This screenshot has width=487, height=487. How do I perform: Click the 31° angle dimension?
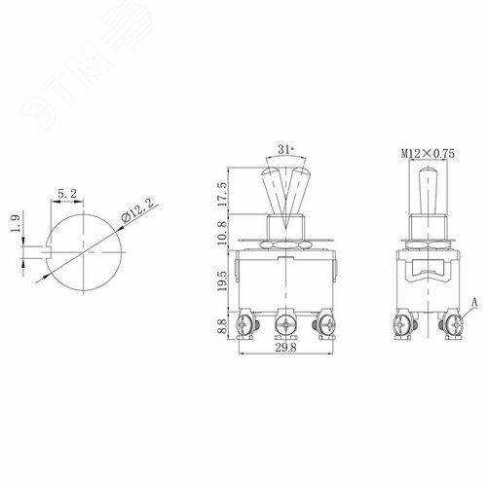[284, 149]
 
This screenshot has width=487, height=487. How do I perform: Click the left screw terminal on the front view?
[247, 320]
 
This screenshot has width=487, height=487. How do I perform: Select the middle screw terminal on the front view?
[285, 320]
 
